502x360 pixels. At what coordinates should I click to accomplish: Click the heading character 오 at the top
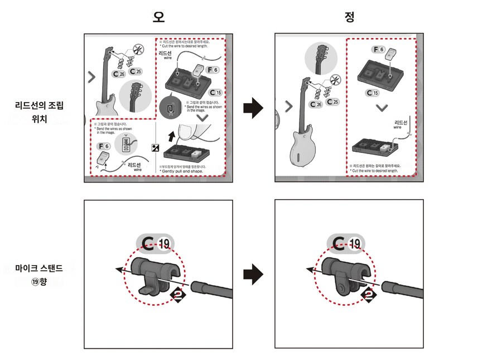[x=160, y=17]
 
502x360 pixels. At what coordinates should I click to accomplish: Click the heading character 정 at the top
[x=350, y=17]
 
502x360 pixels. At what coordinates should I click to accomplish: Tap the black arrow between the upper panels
[x=253, y=107]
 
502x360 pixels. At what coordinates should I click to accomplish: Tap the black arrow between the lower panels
[x=253, y=274]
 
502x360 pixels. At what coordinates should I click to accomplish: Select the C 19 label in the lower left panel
[x=156, y=243]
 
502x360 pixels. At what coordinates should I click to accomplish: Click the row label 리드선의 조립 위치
[x=39, y=109]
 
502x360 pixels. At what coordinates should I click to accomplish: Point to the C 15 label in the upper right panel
[x=373, y=93]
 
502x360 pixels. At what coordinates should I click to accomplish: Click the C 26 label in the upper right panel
[x=315, y=104]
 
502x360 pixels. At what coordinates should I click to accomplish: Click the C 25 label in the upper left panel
[x=135, y=71]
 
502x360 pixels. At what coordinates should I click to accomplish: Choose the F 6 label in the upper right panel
[x=379, y=50]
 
